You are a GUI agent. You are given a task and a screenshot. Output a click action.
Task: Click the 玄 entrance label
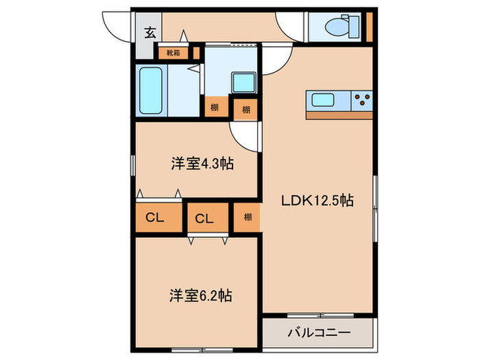click(x=149, y=31)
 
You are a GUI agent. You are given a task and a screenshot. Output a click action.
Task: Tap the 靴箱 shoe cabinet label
click(x=168, y=52)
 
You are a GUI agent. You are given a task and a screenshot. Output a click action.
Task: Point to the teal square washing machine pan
click(x=241, y=83)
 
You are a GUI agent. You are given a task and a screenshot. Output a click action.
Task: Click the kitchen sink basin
click(x=323, y=100)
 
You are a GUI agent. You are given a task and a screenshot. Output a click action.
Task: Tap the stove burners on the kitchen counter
click(x=361, y=100)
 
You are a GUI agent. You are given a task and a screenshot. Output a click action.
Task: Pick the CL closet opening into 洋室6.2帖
click(x=204, y=219)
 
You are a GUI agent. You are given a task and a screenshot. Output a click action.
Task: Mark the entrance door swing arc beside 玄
click(x=114, y=26)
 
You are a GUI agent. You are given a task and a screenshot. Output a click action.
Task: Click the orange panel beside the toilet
click(x=369, y=27)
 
